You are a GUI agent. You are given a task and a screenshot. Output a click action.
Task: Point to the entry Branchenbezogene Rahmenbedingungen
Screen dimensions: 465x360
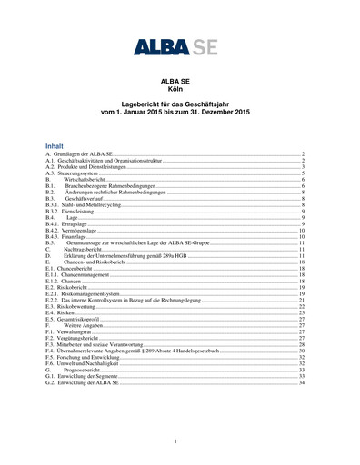[x=109, y=187]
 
